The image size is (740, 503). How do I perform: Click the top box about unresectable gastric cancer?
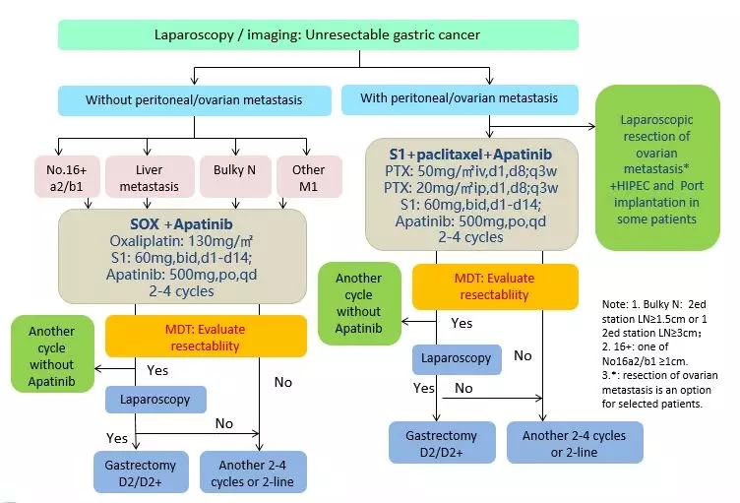click(317, 34)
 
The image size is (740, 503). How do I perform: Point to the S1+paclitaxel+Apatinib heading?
click(470, 155)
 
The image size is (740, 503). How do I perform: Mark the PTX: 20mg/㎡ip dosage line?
click(470, 187)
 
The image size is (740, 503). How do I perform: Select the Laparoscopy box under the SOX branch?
click(155, 399)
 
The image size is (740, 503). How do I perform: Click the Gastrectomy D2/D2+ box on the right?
click(434, 442)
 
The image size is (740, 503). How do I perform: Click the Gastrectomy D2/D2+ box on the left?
click(136, 472)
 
